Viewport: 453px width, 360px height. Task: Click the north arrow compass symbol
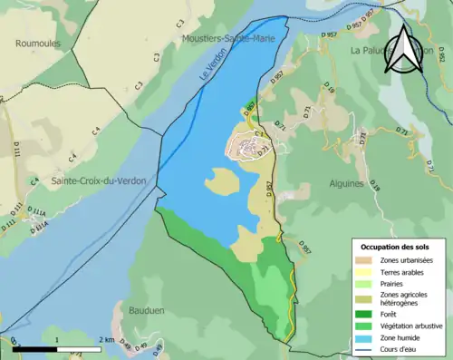point(403,53)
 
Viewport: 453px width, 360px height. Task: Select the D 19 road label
point(329,90)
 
